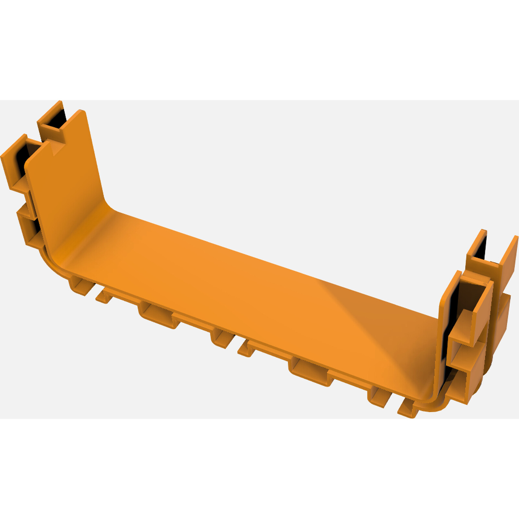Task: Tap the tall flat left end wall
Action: click(65, 182)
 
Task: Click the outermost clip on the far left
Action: click(15, 162)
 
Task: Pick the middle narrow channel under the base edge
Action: click(223, 339)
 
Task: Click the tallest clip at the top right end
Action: click(477, 250)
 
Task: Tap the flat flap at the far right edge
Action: click(509, 263)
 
